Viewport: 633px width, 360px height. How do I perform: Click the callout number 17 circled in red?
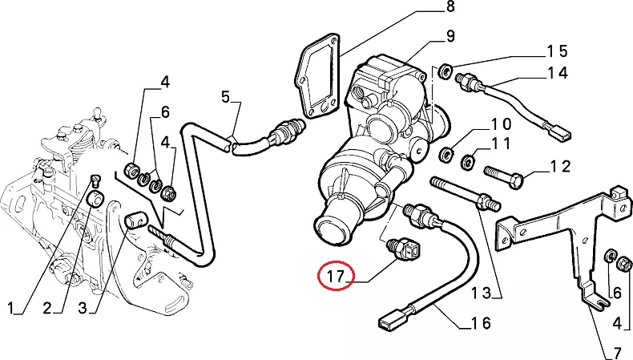tap(335, 278)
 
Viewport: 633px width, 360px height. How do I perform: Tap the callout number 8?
tap(450, 8)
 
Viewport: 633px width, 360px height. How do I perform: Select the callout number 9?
tap(450, 36)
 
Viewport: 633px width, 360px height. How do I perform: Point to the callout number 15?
tap(558, 52)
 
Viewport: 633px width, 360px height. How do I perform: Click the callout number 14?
tap(558, 73)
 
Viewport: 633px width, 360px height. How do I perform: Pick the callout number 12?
tap(559, 167)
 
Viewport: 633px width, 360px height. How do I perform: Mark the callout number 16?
tap(482, 324)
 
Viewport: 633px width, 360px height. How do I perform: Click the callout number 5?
tap(225, 98)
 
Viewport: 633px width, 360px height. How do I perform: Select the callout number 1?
tap(11, 308)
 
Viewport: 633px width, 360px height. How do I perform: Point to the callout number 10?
tap(501, 125)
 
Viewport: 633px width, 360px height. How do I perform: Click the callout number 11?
tap(501, 144)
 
